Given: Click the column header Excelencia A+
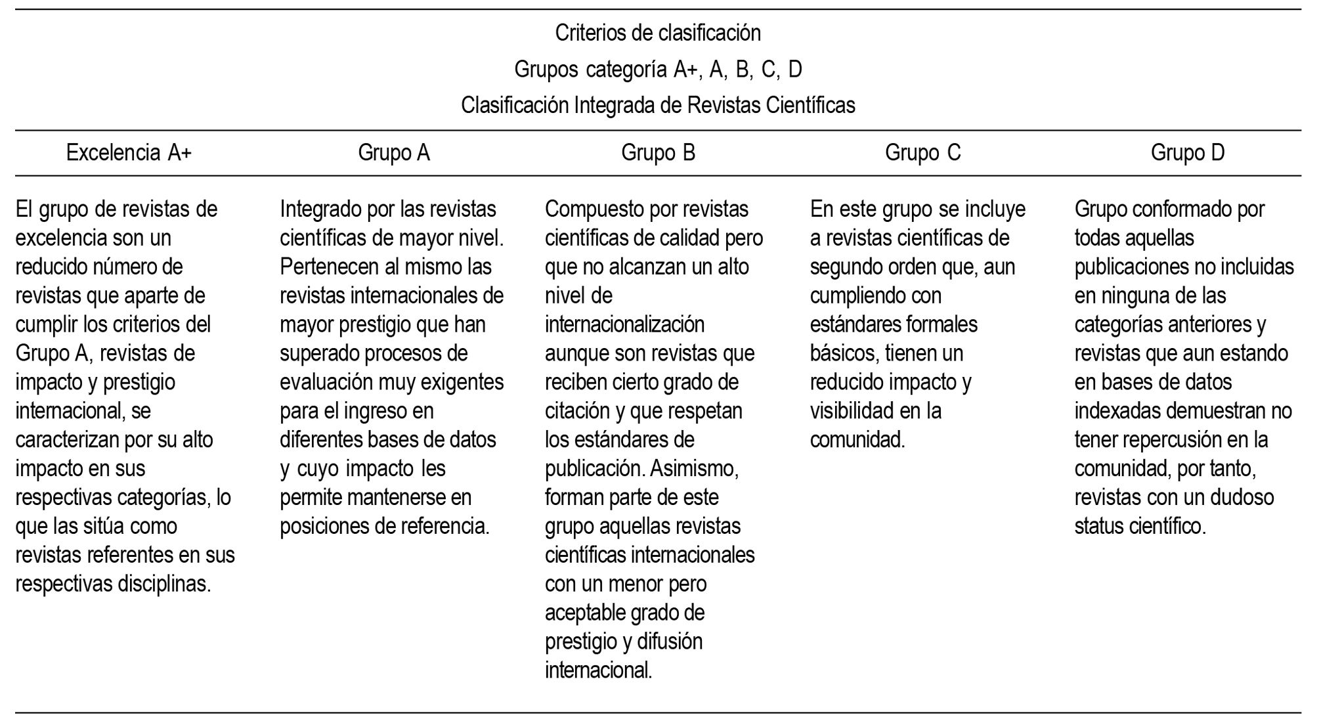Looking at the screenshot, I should pos(129,153).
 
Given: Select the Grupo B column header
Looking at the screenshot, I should pos(658,153).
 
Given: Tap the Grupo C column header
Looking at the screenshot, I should pos(922,153).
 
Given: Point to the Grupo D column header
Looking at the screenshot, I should pos(1187,153).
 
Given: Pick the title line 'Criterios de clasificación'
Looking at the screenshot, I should pos(658,33).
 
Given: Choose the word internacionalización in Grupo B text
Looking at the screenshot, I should pos(624,324).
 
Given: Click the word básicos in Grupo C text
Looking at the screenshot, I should pos(844,353).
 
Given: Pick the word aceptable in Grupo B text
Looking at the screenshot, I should pos(584,613).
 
